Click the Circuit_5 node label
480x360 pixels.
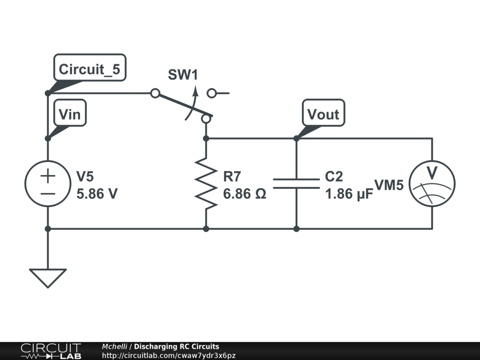tap(89, 69)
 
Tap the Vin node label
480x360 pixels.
tap(70, 114)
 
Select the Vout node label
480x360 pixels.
tap(323, 114)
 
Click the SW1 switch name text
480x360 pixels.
tap(183, 75)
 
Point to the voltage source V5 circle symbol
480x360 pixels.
tap(48, 183)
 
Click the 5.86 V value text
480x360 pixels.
tap(97, 193)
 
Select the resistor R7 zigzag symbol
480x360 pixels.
tap(206, 183)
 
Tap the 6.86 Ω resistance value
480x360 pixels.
tap(245, 193)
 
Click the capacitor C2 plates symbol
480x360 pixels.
tap(296, 183)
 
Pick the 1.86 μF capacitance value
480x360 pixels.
tap(349, 193)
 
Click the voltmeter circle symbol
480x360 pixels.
tap(432, 183)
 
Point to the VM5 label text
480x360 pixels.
tap(389, 185)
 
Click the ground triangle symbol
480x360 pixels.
tap(48, 277)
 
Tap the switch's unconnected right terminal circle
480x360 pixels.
tap(212, 93)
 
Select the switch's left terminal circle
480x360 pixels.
tap(155, 93)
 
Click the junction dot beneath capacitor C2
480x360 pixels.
tap(296, 229)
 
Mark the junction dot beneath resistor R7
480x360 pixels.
tap(206, 229)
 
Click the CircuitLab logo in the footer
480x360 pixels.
tap(51, 351)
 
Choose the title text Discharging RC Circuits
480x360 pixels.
tap(176, 347)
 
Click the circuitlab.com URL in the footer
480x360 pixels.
tap(168, 356)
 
